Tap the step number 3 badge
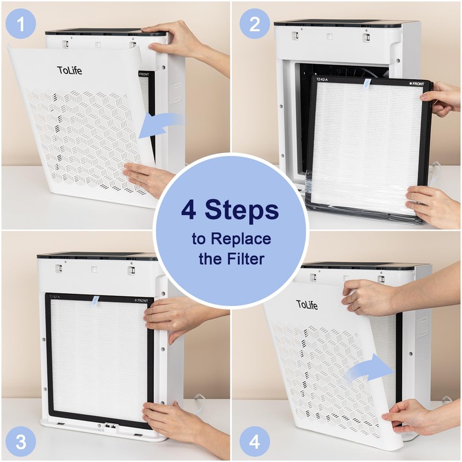[x=21, y=442]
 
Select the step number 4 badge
[x=255, y=442]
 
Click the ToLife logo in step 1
[x=70, y=70]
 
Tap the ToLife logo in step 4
[x=307, y=304]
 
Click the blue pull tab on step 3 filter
[x=96, y=300]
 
